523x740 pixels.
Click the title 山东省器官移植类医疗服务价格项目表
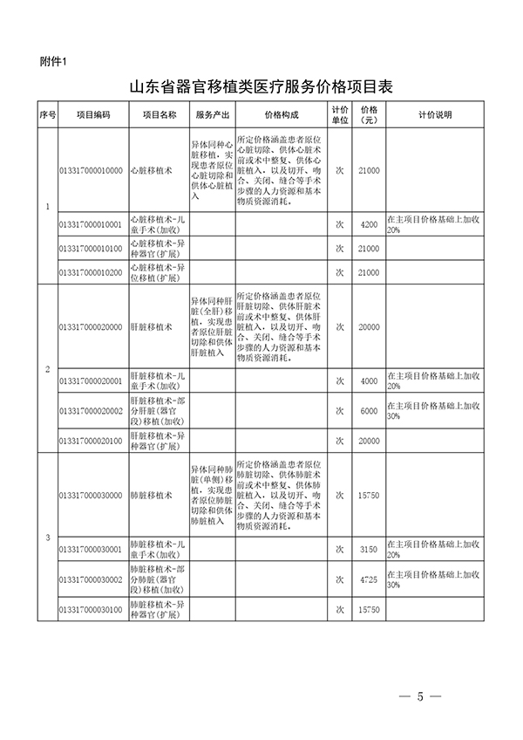tap(261, 87)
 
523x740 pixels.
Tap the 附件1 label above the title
tap(54, 61)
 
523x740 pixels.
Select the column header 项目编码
tap(92, 114)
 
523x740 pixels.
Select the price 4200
tap(369, 224)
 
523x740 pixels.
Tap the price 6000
tap(369, 410)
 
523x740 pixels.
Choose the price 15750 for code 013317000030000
tap(369, 495)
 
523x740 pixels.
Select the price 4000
tap(369, 380)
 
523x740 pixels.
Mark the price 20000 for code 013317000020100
tap(369, 440)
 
